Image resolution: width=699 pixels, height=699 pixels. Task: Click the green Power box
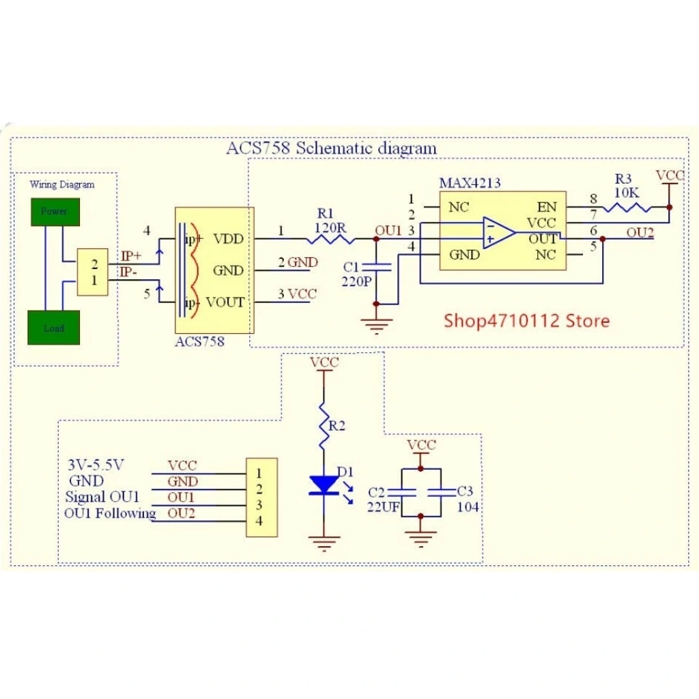pyautogui.click(x=54, y=211)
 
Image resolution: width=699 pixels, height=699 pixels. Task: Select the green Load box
pyautogui.click(x=54, y=328)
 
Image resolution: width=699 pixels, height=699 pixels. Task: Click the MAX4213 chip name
pyautogui.click(x=469, y=183)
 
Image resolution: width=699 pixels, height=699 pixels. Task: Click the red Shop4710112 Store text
pyautogui.click(x=526, y=320)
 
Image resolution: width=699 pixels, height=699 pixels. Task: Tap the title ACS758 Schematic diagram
pyautogui.click(x=331, y=147)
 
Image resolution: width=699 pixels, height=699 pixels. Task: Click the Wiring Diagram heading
pyautogui.click(x=62, y=184)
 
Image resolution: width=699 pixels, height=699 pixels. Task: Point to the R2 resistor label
pyautogui.click(x=337, y=426)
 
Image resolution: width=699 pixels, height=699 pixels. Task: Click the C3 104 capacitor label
pyautogui.click(x=467, y=499)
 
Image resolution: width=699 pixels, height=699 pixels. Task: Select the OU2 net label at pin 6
pyautogui.click(x=640, y=233)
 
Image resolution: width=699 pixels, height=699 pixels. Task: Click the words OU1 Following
pyautogui.click(x=110, y=513)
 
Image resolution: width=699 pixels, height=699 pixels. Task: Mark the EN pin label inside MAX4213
pyautogui.click(x=547, y=207)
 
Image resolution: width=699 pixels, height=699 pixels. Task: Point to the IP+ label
pyautogui.click(x=131, y=257)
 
